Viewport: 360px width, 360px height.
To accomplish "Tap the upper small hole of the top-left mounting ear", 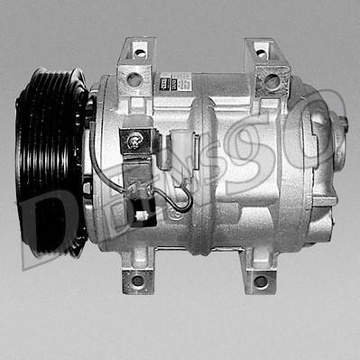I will pos(139,53).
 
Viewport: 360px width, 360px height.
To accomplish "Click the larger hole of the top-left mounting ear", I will pos(134,79).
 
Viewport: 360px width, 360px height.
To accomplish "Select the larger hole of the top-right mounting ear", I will pos(272,81).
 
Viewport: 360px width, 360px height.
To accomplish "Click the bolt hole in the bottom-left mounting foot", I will pos(138,280).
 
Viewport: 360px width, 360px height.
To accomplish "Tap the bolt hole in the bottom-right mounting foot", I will pos(261,281).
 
